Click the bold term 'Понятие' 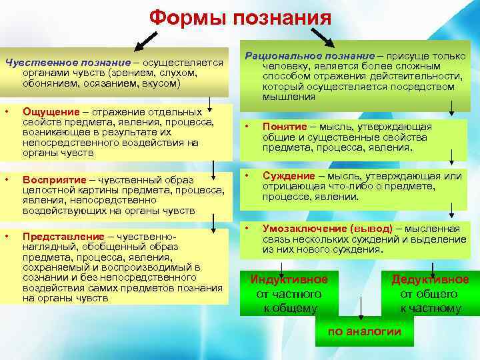285,127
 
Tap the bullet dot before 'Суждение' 246,175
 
